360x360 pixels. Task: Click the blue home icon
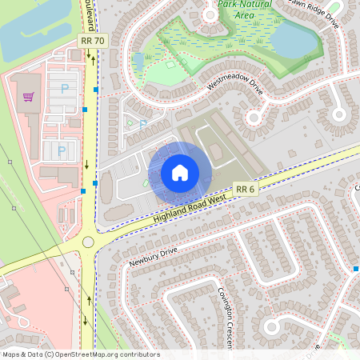click(x=180, y=173)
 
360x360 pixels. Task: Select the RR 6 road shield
click(x=246, y=189)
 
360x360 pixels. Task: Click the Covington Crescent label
click(x=225, y=317)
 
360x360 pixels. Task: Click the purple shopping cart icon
click(x=29, y=97)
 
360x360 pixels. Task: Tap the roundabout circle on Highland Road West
click(x=88, y=242)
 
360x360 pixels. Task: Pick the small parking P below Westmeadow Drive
click(x=143, y=124)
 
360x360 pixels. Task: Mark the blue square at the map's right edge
click(x=355, y=269)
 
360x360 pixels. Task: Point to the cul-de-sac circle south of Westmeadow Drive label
click(x=255, y=118)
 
